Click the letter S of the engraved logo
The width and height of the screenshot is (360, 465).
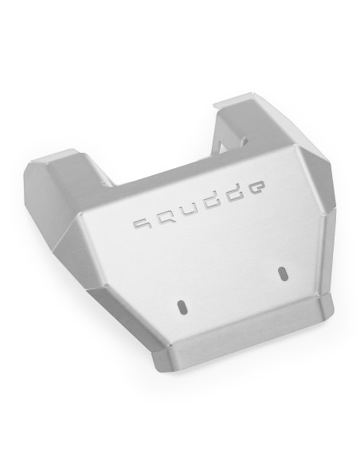pyautogui.click(x=142, y=226)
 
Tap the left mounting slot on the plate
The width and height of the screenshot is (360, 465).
pyautogui.click(x=182, y=307)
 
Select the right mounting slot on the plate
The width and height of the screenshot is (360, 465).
pyautogui.click(x=280, y=272)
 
